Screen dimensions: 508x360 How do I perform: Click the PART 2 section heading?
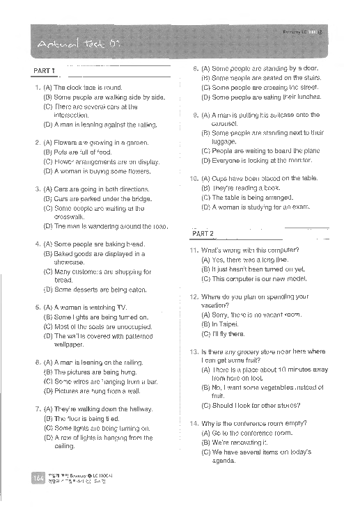(x=202, y=233)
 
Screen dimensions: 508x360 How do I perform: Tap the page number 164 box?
(x=37, y=477)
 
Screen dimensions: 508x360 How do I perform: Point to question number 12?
(x=194, y=296)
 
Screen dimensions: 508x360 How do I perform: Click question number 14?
(x=194, y=423)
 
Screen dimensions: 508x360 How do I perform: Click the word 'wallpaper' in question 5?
(x=69, y=344)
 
